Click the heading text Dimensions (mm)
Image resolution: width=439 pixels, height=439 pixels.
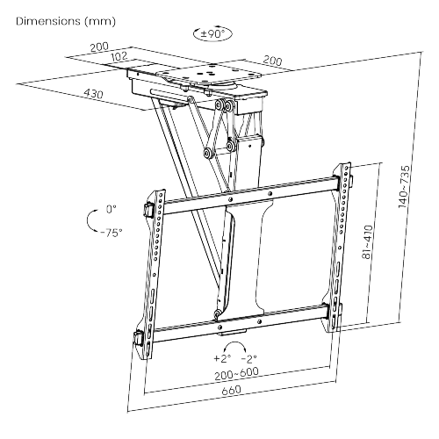[x=66, y=21]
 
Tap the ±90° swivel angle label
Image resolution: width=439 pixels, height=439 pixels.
[x=212, y=34]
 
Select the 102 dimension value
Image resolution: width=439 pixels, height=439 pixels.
[x=119, y=56]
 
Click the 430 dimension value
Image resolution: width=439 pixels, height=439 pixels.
[x=94, y=94]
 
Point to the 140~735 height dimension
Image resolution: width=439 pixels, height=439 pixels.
[x=404, y=187]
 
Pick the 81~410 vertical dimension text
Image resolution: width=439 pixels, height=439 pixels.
[x=368, y=241]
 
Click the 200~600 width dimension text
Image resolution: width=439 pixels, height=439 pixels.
[x=236, y=374]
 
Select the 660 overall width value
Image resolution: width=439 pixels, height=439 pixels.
[x=231, y=391]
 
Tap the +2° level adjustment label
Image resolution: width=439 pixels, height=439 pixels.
[x=222, y=358]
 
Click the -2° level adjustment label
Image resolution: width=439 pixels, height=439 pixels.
[x=249, y=358]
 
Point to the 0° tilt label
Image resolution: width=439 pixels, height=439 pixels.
[x=112, y=209]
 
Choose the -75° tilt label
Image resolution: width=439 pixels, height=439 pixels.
[x=112, y=233]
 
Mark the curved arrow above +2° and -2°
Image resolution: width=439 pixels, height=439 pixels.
[x=234, y=342]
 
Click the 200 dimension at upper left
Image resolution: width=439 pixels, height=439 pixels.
[x=99, y=47]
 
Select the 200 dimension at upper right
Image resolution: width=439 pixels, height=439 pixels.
[x=272, y=61]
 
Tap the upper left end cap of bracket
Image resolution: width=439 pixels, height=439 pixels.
[x=149, y=210]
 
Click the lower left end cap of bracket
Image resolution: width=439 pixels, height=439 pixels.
[x=139, y=338]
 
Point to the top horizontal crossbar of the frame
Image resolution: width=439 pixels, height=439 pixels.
[x=250, y=195]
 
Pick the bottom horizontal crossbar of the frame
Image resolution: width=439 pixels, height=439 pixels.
[x=240, y=323]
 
